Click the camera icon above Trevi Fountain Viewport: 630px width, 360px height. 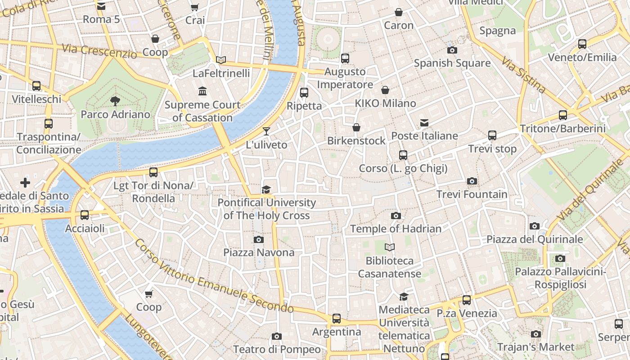click(472, 181)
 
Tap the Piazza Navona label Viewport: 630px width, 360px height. click(259, 252)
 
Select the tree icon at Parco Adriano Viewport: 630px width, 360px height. click(115, 101)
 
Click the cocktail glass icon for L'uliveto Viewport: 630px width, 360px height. click(266, 131)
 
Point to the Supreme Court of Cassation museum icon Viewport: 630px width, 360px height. click(202, 91)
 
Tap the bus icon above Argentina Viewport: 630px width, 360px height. click(337, 319)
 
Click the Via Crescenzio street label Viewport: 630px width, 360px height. click(99, 51)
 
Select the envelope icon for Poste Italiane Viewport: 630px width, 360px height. click(424, 122)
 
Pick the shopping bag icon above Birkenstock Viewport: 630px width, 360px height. click(356, 127)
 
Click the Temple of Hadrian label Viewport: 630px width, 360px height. click(396, 229)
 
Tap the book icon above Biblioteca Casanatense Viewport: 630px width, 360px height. click(390, 247)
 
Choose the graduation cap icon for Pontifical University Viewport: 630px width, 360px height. click(266, 189)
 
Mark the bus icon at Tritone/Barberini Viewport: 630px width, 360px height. click(563, 115)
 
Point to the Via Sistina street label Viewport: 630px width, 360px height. click(523, 75)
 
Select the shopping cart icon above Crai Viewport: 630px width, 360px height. click(195, 7)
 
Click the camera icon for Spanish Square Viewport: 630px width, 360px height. click(452, 50)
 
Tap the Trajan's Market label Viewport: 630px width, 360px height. click(535, 347)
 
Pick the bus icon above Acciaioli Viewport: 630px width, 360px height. click(85, 215)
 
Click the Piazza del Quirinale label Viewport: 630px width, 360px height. click(535, 239)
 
